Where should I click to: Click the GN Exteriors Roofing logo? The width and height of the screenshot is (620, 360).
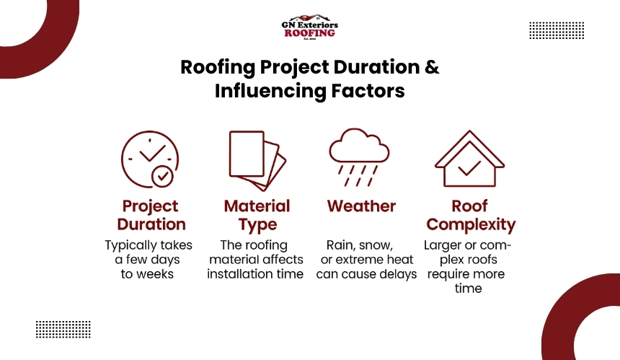(309, 27)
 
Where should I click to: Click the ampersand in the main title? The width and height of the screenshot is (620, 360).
(432, 67)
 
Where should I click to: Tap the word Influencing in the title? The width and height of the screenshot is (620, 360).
(270, 91)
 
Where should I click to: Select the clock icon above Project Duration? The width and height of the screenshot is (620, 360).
(150, 159)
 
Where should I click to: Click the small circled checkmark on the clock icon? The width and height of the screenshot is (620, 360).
(162, 177)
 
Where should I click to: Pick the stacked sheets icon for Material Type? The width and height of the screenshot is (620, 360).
(257, 161)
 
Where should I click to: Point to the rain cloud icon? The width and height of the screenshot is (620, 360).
(359, 157)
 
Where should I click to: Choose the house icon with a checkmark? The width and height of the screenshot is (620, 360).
(469, 159)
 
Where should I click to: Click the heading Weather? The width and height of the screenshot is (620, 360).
(361, 206)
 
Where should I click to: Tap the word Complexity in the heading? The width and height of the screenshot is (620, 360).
(471, 224)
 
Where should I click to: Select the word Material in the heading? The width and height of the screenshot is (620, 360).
(257, 206)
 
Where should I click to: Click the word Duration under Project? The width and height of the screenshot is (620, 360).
(151, 224)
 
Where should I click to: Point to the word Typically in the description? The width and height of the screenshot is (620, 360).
(130, 246)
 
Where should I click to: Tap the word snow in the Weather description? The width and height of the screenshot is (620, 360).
(377, 246)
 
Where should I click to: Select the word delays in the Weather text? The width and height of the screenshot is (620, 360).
(398, 274)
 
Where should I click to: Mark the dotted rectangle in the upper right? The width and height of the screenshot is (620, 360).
(557, 30)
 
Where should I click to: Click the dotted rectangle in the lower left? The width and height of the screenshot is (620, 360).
(63, 330)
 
